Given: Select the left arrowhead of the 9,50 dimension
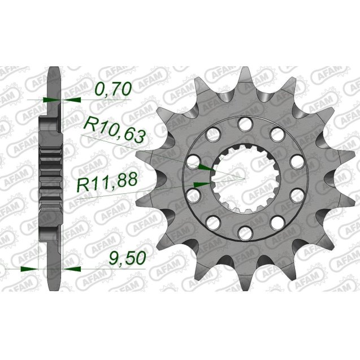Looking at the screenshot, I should pyautogui.click(x=28, y=268).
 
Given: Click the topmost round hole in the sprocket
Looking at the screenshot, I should pyautogui.click(x=244, y=124).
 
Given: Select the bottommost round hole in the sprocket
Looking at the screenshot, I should pyautogui.click(x=244, y=230).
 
